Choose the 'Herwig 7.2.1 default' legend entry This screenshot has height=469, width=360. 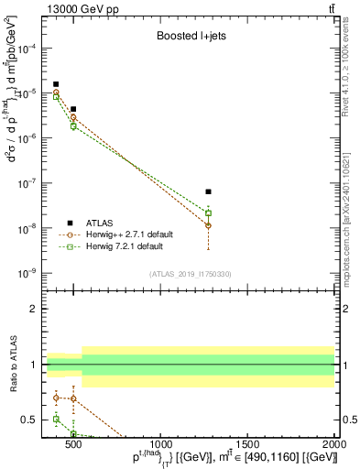pos(130,246)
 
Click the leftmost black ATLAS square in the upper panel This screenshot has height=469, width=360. pos(56,84)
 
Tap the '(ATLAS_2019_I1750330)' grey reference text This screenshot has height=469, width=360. pos(191,274)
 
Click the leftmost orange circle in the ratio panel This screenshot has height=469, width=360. pos(56,398)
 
